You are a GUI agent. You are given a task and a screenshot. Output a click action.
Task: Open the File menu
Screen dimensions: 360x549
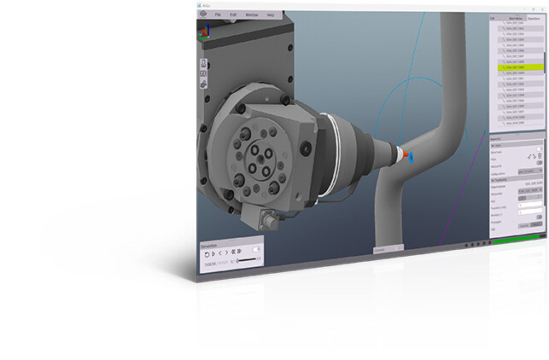coord(219,15)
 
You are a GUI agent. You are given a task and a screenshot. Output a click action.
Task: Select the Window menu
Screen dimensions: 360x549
coord(253,15)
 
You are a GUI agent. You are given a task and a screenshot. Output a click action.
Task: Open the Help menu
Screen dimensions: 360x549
coord(271,15)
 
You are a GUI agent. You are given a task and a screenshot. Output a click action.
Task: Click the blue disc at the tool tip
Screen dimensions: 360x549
coord(411,158)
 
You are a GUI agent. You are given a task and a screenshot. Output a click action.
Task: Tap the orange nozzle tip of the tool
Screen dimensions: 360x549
coord(402,155)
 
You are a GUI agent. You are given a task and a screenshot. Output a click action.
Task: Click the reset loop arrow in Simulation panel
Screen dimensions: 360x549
coord(205,253)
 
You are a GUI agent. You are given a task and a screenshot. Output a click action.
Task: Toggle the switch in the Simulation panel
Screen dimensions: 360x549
coord(255,247)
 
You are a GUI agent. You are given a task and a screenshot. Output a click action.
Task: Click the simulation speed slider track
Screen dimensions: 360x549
coord(248,262)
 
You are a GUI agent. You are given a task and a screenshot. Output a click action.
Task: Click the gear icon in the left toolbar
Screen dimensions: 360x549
coord(202,83)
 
